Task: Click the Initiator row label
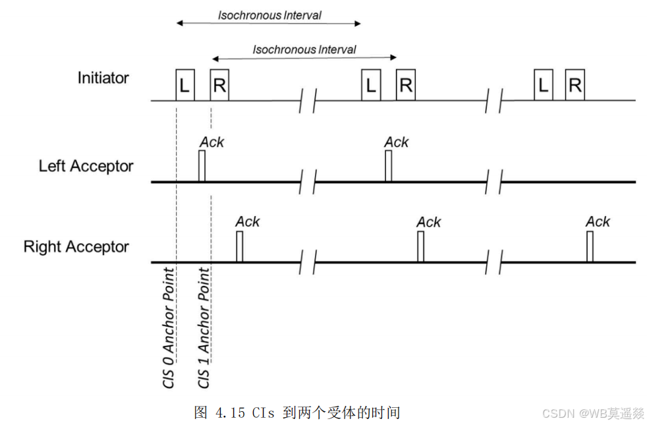click(103, 78)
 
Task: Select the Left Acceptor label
click(86, 166)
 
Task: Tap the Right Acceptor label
click(76, 246)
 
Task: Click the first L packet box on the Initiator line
click(185, 85)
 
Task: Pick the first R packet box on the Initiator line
click(219, 85)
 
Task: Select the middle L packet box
click(371, 85)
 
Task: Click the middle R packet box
click(406, 85)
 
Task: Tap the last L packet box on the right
click(544, 85)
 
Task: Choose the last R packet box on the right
click(575, 85)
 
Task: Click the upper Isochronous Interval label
click(269, 15)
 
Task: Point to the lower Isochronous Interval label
click(304, 49)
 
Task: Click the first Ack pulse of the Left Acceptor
click(202, 166)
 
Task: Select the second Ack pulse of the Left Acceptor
click(388, 166)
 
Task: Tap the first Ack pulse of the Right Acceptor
click(240, 246)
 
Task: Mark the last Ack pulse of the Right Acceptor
click(590, 246)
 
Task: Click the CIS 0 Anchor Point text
click(169, 328)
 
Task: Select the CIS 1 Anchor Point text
click(204, 328)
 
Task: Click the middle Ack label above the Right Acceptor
click(429, 223)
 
